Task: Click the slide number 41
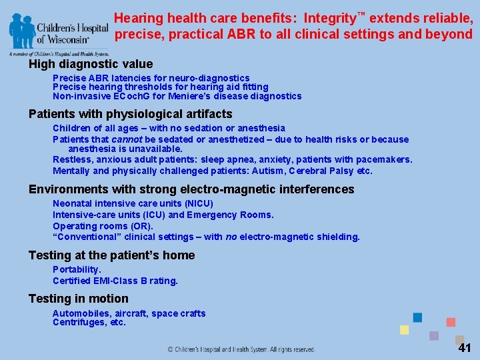[465, 348]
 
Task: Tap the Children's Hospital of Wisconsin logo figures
[22, 30]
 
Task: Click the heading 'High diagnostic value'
[91, 64]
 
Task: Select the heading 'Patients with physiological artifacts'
[131, 114]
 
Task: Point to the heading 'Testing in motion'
[79, 299]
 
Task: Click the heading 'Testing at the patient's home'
[112, 255]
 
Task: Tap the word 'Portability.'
[77, 269]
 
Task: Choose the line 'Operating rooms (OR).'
[103, 226]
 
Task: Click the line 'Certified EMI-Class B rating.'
[115, 281]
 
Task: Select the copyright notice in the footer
[241, 349]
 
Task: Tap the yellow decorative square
[404, 329]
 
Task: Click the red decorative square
[451, 322]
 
